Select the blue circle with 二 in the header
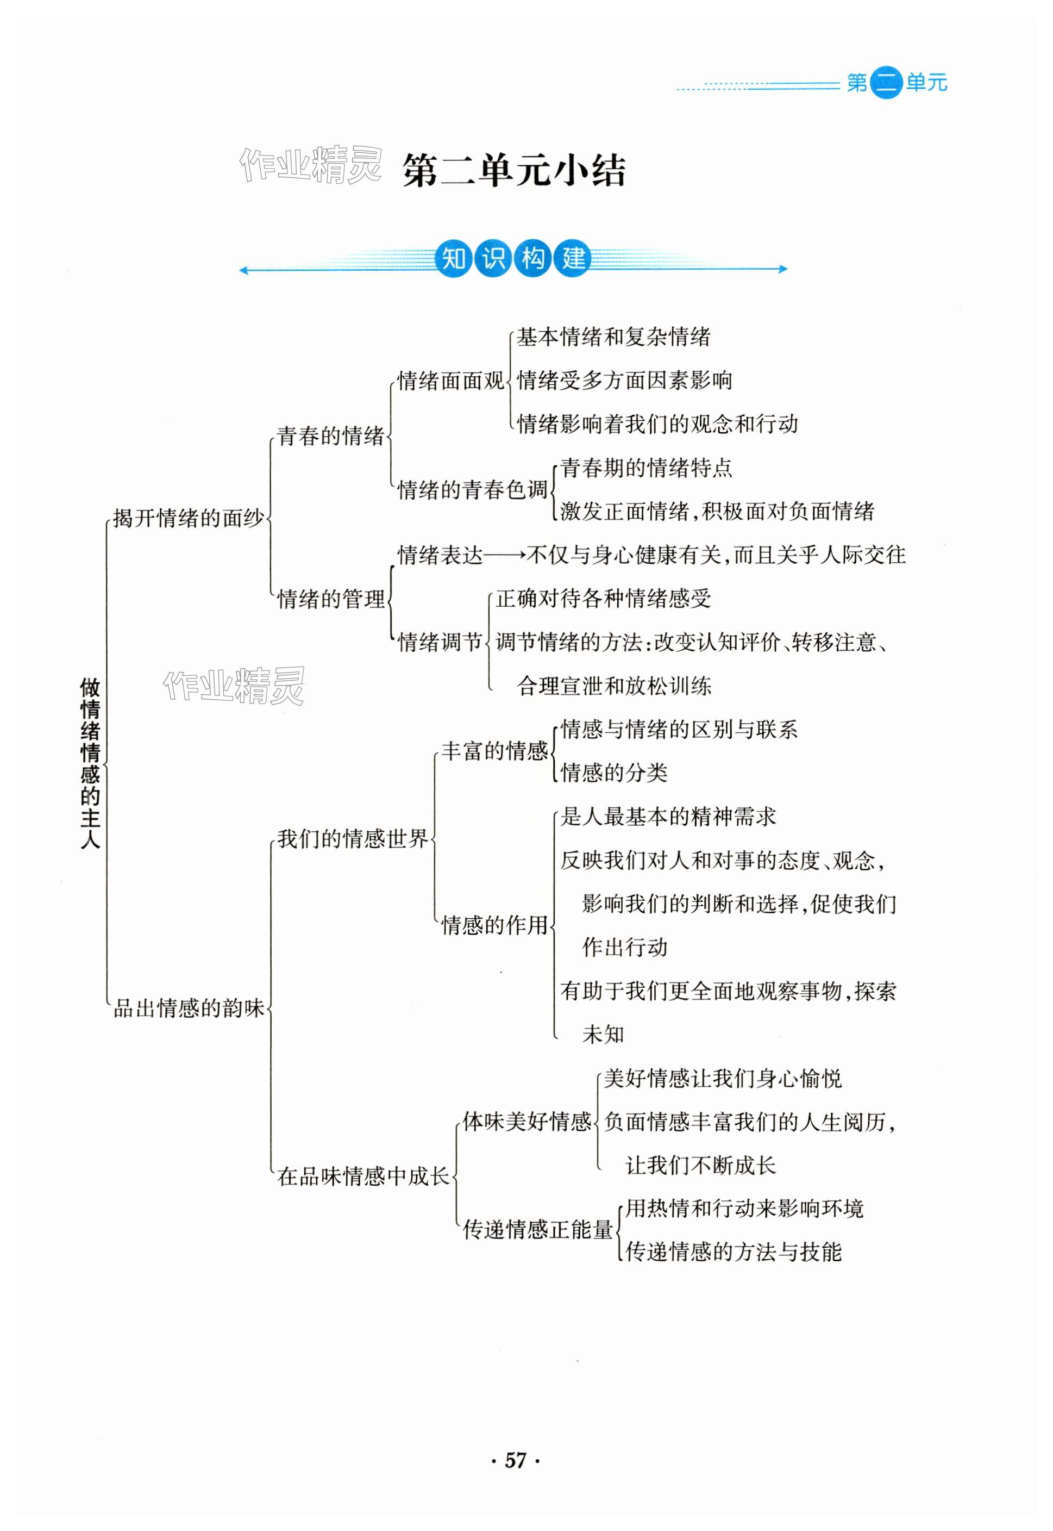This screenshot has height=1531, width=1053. click(886, 83)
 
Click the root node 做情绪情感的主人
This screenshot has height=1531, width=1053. click(90, 763)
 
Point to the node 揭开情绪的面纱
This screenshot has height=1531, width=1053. click(188, 518)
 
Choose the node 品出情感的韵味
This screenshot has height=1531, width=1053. click(189, 1007)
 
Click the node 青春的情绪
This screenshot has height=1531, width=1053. click(330, 435)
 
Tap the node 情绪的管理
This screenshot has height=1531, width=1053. click(330, 599)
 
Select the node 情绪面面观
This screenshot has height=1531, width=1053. click(450, 381)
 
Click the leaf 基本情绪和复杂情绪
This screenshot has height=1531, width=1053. click(613, 338)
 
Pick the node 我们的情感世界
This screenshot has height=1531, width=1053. click(352, 839)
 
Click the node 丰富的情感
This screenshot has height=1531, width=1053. click(494, 751)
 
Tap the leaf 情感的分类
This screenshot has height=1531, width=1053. click(613, 773)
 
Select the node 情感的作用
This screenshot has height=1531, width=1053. click(494, 925)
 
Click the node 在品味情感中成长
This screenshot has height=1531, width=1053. click(363, 1176)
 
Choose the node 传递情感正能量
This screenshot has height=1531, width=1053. click(538, 1229)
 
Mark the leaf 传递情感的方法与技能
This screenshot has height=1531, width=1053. click(733, 1251)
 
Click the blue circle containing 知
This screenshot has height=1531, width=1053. click(453, 258)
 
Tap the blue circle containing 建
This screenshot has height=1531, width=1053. click(573, 258)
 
